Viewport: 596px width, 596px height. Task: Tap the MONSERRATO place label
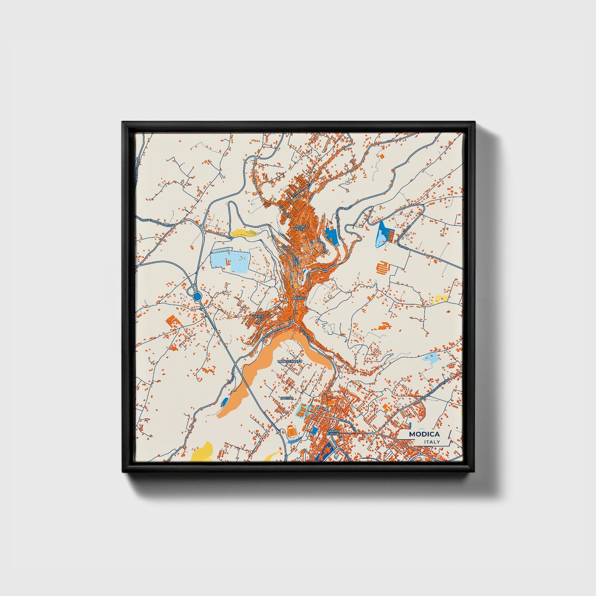tap(290, 361)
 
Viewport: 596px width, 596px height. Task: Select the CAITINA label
tap(287, 398)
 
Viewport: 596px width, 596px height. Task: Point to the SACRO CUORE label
tap(333, 433)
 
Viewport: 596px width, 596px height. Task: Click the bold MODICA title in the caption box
tap(424, 434)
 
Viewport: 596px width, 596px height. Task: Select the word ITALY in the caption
tap(431, 442)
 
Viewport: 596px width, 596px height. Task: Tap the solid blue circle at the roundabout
tap(197, 296)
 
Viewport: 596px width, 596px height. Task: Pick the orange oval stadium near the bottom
tap(292, 433)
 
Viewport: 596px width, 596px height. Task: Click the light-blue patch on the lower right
tap(431, 357)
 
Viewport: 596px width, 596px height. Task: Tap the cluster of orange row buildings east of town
tap(383, 268)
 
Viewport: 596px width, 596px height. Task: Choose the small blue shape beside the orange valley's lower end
tap(225, 401)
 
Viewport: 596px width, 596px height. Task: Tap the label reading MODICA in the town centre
tap(300, 298)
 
